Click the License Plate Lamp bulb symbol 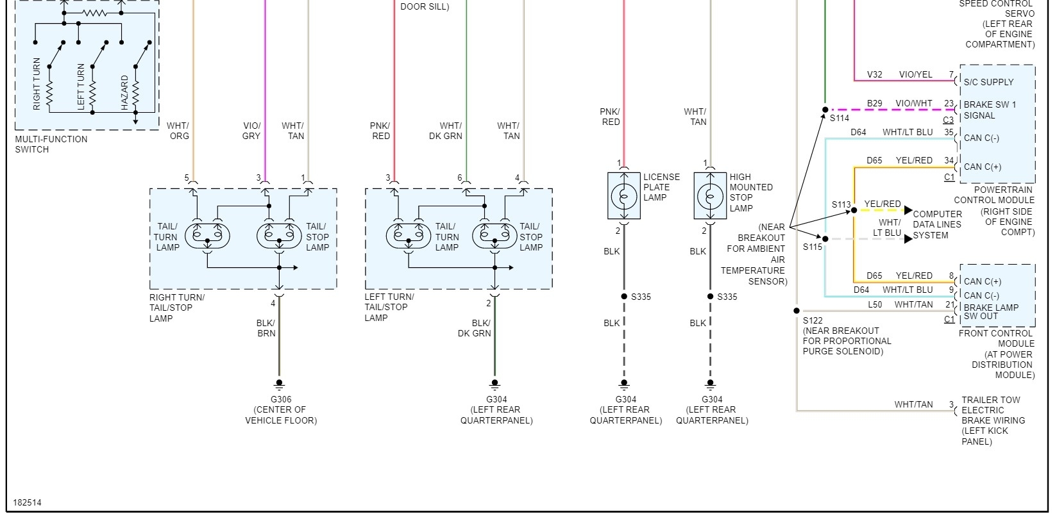pos(624,196)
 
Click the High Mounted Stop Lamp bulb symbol pos(710,196)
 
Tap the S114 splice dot pos(825,110)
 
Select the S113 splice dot pos(854,210)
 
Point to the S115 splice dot pos(825,239)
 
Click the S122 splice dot pos(797,311)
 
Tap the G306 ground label pos(281,399)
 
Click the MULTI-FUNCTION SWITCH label pos(51,144)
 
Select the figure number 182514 pos(27,503)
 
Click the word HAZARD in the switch pos(124,93)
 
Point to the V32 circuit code pos(874,74)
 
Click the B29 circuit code pos(874,103)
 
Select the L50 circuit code pos(875,304)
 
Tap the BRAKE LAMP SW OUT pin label pos(990,311)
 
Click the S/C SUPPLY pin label pos(988,82)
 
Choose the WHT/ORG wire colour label pos(179,131)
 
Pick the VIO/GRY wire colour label pos(251,131)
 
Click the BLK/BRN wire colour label pos(266,328)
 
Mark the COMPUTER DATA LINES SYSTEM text pos(937,224)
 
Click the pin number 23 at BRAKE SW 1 pos(949,103)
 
